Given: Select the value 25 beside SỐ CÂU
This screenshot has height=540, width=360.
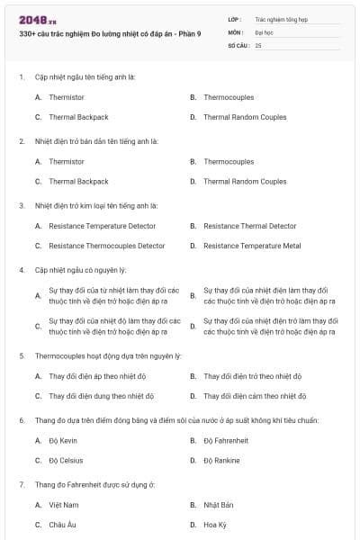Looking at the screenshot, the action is [x=258, y=44].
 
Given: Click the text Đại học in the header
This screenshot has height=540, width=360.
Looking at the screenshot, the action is [x=265, y=31].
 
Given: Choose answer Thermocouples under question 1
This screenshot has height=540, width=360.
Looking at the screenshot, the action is [x=229, y=97].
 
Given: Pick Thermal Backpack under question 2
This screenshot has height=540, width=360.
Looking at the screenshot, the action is [x=78, y=181].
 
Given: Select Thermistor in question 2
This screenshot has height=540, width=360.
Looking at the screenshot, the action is [x=67, y=161].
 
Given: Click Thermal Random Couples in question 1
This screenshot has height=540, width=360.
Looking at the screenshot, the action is [x=245, y=117].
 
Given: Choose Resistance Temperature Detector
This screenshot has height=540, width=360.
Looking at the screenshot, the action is [x=102, y=226].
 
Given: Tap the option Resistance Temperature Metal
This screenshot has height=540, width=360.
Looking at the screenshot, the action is [x=252, y=246].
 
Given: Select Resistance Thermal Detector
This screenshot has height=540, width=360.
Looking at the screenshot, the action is [x=249, y=226].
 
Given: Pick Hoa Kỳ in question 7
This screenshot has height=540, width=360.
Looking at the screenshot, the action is [x=214, y=525].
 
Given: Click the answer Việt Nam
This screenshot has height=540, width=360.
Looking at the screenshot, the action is [x=64, y=505].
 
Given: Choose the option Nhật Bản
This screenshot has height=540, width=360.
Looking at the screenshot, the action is [x=219, y=505].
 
